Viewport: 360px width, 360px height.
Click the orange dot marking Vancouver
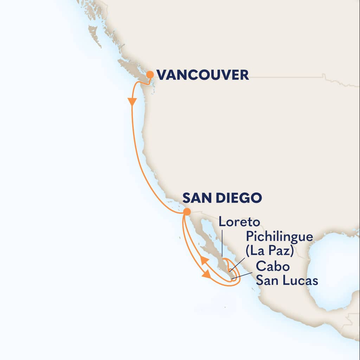[x=150, y=75]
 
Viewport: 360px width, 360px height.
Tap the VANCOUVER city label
[x=202, y=75]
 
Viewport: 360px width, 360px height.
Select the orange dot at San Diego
[x=187, y=212]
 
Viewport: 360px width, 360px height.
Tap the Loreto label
[x=239, y=222]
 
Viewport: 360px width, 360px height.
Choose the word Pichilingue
[x=279, y=236]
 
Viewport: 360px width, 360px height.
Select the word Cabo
[x=273, y=266]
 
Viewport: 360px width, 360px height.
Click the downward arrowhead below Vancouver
[x=132, y=102]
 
